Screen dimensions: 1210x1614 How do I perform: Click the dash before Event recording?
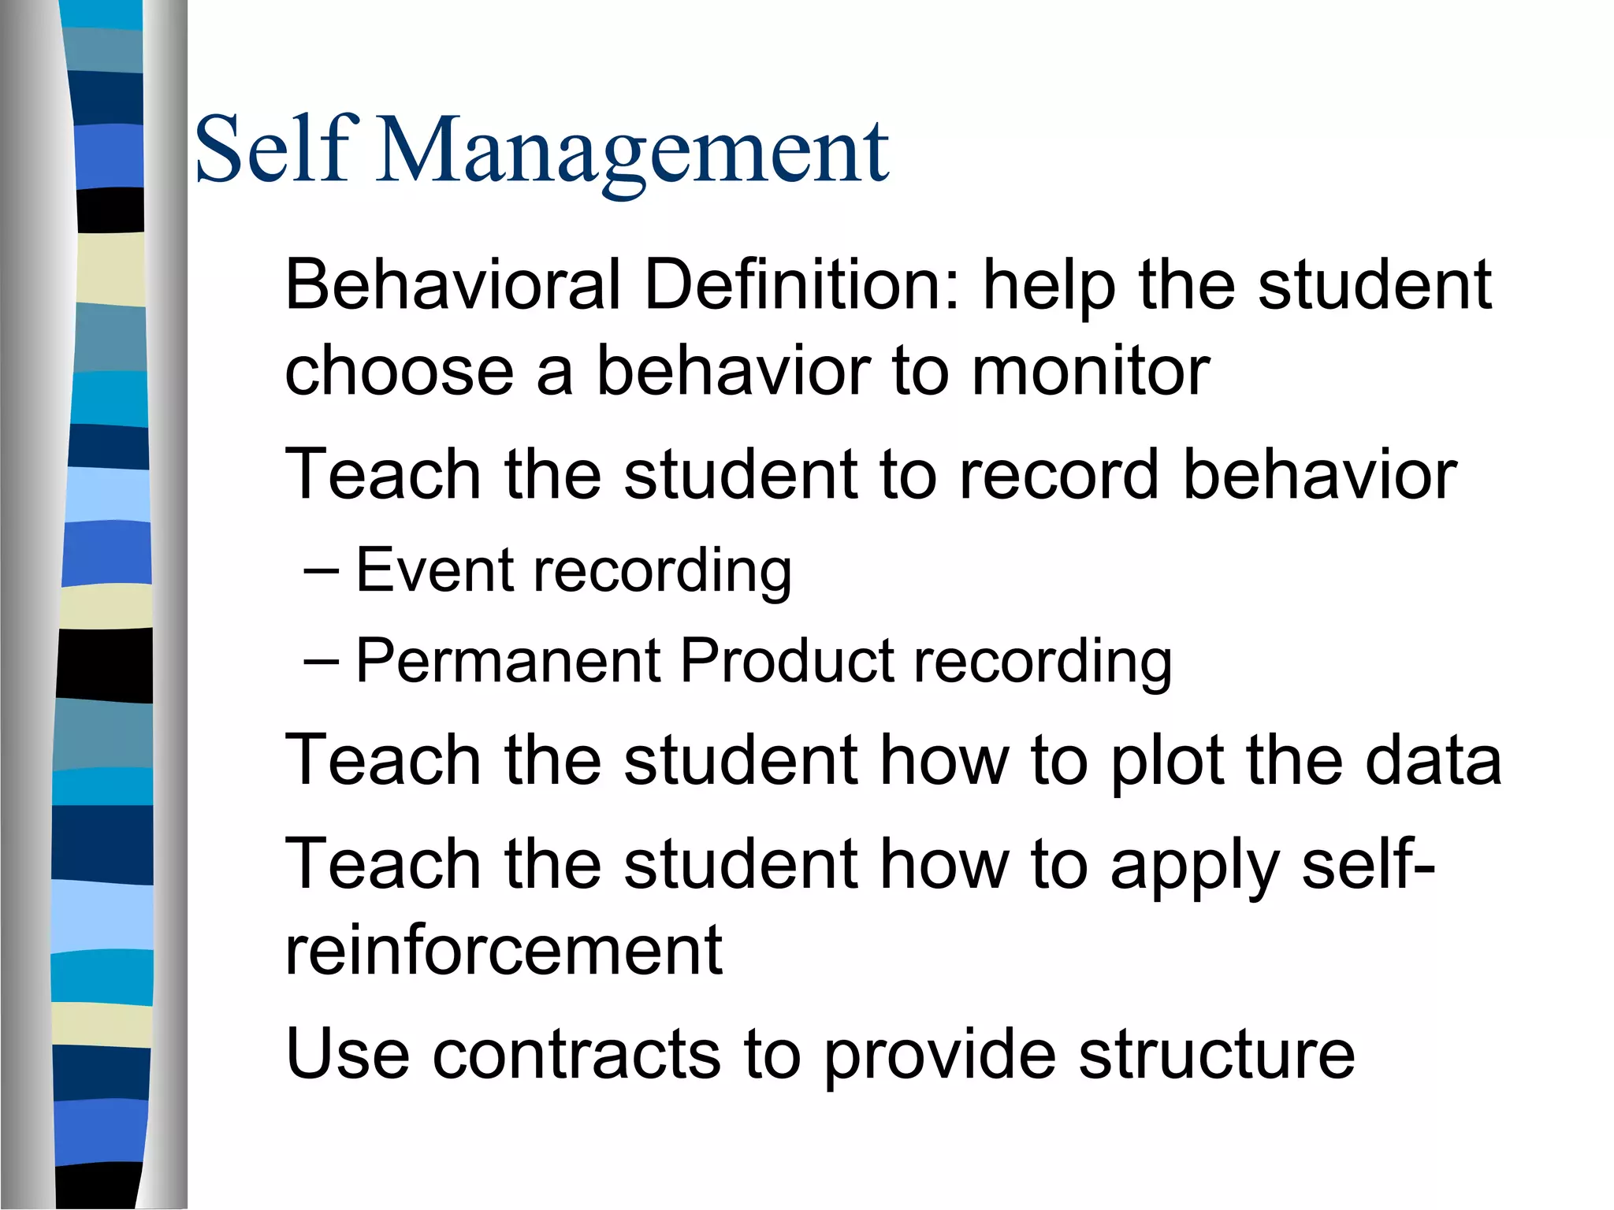pos(321,570)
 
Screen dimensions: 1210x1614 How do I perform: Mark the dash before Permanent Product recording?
pos(321,660)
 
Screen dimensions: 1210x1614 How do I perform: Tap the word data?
pos(1433,761)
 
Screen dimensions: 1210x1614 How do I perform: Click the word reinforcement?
pos(504,950)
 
